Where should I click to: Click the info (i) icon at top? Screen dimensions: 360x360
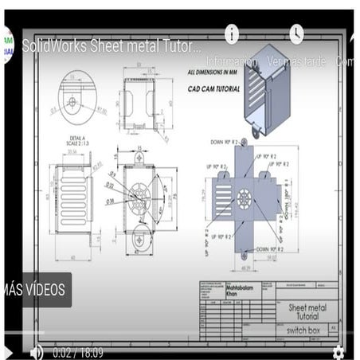pos(232,34)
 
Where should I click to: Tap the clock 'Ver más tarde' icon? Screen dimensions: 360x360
pos(296,34)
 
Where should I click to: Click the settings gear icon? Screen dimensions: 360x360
pos(338,351)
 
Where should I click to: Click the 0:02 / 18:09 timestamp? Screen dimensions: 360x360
pos(79,351)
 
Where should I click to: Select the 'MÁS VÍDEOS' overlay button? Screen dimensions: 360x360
pos(35,289)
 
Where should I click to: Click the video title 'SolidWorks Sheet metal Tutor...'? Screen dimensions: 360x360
pos(112,45)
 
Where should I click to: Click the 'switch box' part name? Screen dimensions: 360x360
pos(302,330)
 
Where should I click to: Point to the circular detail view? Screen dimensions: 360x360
pos(71,101)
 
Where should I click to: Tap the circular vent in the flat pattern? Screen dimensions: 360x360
pos(242,198)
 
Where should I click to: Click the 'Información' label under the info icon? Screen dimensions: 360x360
pos(232,61)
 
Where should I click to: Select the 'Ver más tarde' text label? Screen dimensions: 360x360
pos(296,61)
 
